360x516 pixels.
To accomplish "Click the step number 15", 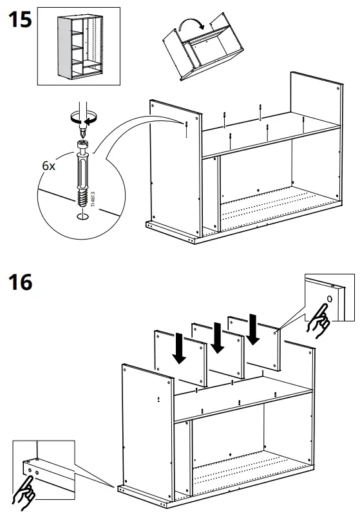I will (19, 21).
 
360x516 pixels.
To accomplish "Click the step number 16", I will (21, 282).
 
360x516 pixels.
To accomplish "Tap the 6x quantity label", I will (49, 166).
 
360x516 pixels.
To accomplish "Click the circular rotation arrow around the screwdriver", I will (82, 117).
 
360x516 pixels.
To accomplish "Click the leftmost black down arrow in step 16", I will (180, 348).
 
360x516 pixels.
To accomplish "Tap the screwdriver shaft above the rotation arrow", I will (81, 104).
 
